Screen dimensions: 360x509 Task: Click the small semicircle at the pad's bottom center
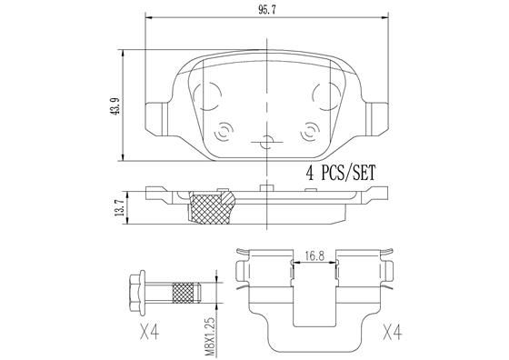[x=264, y=143]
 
